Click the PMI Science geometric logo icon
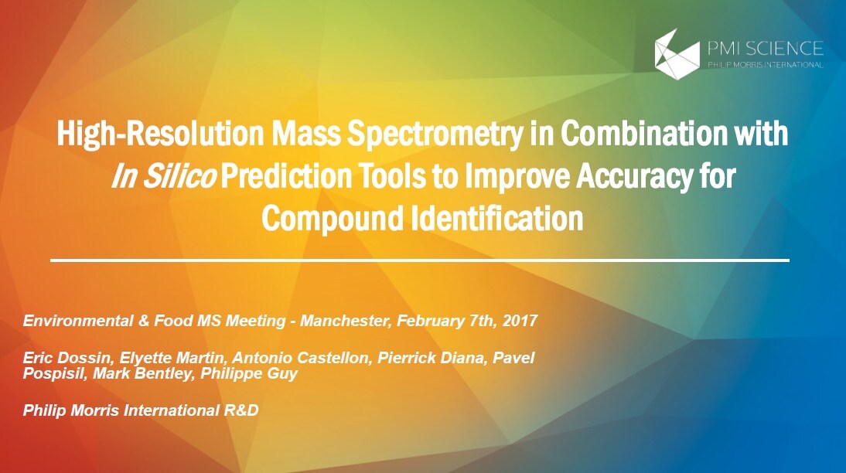point(677,54)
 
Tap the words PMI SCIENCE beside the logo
point(765,49)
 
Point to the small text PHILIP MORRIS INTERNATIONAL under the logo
point(765,65)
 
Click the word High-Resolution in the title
point(160,134)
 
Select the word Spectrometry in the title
point(435,134)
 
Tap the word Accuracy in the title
point(633,177)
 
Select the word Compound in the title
point(333,218)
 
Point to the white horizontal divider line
point(420,260)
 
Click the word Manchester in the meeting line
point(344,321)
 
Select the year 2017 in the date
point(520,321)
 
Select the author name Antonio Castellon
point(301,358)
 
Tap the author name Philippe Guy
point(249,374)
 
